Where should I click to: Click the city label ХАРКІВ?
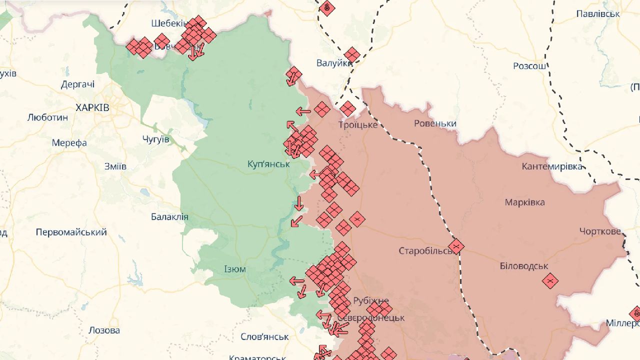92,107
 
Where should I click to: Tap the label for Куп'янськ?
268,164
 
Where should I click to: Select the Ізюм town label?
235,269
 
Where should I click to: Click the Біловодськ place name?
524,266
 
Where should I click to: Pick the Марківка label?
524,202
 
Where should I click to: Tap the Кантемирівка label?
552,166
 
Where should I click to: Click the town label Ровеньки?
435,123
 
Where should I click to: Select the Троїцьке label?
357,124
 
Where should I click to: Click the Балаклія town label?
169,216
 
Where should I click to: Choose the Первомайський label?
71,232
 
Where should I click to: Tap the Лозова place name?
104,330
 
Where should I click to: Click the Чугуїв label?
155,139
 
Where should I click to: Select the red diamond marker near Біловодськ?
550,281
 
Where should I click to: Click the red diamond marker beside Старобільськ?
456,246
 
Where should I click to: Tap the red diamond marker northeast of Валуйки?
352,55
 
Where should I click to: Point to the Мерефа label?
69,142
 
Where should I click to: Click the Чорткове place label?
600,231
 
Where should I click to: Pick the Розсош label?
531,66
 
